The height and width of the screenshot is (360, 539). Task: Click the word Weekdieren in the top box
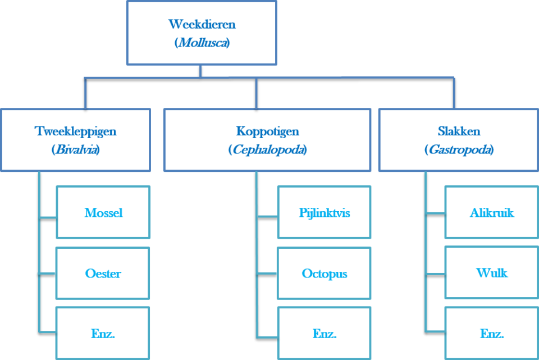(x=202, y=25)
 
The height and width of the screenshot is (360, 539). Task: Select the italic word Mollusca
(x=202, y=43)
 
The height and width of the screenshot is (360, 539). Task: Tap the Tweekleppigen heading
(x=75, y=131)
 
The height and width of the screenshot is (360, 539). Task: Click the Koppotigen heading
(x=267, y=131)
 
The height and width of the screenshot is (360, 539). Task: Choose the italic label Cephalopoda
(x=267, y=150)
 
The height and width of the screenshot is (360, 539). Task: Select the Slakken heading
(x=459, y=131)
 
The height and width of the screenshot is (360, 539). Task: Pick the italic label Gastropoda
(x=459, y=150)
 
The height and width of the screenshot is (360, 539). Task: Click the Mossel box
(x=103, y=213)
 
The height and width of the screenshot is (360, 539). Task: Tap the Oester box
(x=103, y=274)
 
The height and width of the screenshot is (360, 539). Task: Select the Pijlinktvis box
(x=324, y=213)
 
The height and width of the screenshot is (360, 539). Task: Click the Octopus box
(x=324, y=274)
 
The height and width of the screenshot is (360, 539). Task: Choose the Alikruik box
(x=491, y=213)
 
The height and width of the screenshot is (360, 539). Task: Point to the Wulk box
(x=491, y=274)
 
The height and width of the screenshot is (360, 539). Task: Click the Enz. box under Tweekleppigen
(x=103, y=334)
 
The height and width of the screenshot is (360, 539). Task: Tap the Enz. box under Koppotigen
(x=324, y=334)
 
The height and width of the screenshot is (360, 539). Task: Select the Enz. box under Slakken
(x=491, y=334)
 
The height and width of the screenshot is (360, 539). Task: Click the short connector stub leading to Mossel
(x=48, y=217)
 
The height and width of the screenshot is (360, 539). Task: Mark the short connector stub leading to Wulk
(x=435, y=274)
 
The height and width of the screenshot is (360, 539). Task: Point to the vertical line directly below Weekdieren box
(x=200, y=71)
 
